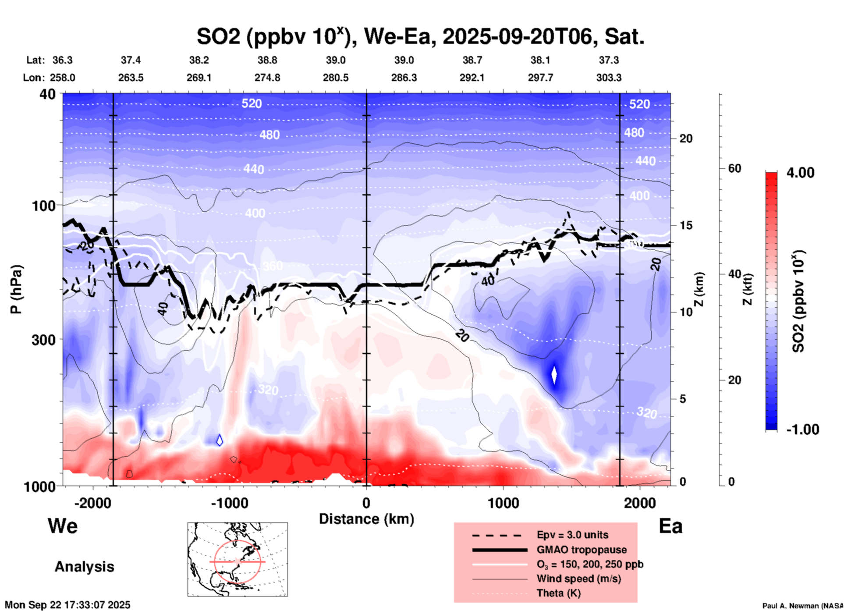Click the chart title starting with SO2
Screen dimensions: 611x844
(420, 37)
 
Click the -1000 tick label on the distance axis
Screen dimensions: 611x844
(230, 503)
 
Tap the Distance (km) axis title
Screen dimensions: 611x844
(366, 519)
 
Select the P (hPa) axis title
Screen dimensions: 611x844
(16, 289)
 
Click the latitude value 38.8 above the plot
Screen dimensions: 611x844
(267, 60)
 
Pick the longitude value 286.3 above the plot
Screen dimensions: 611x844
(404, 78)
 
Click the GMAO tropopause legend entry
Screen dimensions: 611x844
(582, 550)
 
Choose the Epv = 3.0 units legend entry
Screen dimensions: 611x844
(572, 535)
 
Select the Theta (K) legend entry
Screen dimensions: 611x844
(558, 593)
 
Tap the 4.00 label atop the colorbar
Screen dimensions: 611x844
(800, 173)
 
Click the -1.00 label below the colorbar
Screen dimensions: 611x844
(802, 430)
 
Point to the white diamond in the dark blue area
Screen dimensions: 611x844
(554, 375)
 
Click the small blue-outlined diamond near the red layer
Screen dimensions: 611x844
(220, 440)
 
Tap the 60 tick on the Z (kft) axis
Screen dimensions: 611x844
(734, 168)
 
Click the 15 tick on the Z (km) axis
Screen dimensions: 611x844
(686, 225)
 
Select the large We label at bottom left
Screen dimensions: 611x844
(63, 526)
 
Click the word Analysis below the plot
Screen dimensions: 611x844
(84, 567)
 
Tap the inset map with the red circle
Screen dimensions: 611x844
(238, 559)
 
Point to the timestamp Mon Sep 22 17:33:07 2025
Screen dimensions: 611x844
(67, 605)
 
